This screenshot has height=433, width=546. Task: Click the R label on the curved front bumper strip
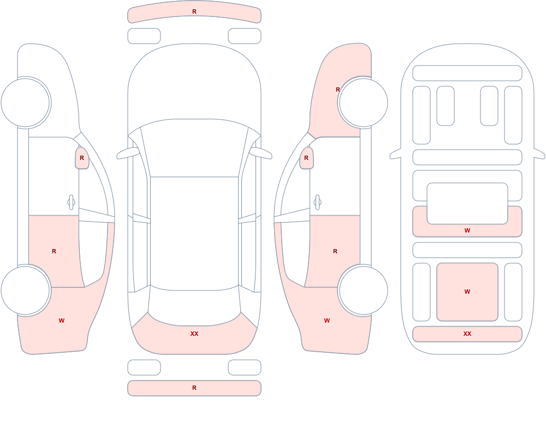click(x=194, y=11)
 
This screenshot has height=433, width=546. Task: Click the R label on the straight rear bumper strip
click(x=194, y=388)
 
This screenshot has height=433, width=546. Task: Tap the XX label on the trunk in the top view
click(x=194, y=334)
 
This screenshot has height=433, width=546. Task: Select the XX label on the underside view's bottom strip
click(x=467, y=334)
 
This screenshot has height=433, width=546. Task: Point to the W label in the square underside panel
click(x=467, y=292)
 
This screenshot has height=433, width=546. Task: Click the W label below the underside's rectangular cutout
click(x=467, y=230)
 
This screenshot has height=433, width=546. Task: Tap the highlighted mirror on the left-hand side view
click(x=82, y=158)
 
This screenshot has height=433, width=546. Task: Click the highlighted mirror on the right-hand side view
click(x=306, y=158)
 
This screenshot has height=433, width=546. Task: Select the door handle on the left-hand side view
click(x=72, y=203)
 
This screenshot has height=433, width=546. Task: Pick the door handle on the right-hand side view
click(x=317, y=203)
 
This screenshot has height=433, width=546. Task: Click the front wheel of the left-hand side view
click(x=26, y=103)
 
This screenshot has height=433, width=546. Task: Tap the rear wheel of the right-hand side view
click(x=363, y=290)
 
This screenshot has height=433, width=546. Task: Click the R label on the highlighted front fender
click(x=337, y=90)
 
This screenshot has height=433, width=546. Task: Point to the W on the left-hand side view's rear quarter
click(x=62, y=321)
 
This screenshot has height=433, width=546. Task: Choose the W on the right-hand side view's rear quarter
click(x=327, y=321)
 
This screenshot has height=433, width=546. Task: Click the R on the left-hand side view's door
click(x=54, y=251)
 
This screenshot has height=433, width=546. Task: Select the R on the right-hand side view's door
click(x=335, y=251)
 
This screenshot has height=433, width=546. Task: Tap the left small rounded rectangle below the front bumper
click(x=144, y=36)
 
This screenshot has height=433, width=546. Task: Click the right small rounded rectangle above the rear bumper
click(x=245, y=367)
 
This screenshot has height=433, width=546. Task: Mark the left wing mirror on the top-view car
click(x=127, y=153)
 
